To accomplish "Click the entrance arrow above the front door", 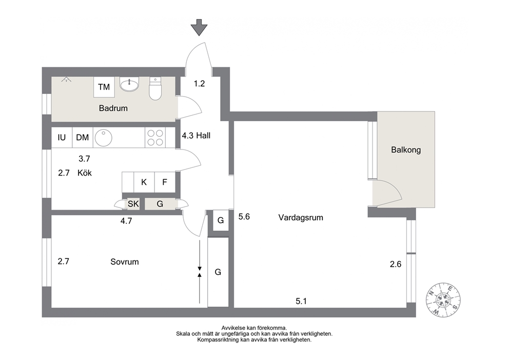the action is (x=199, y=27).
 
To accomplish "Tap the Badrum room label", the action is (x=113, y=108).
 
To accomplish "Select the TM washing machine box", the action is (x=104, y=87).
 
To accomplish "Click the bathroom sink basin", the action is (x=129, y=84).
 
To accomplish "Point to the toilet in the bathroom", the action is (x=155, y=88).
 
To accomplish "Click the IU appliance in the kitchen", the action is (x=62, y=138).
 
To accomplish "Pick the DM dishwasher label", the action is (x=83, y=138).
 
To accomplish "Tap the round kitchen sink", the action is (x=103, y=138).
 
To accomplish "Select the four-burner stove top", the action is (x=155, y=138).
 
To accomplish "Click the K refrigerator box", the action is (x=144, y=182).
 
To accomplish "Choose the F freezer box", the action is (x=165, y=182).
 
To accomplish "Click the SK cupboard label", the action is (x=133, y=204).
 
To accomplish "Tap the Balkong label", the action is (x=406, y=150).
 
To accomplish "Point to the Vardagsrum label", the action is (x=301, y=218).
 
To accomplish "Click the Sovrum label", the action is (x=125, y=262).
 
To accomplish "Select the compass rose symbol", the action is (x=443, y=299).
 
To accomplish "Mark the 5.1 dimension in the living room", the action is (x=301, y=301).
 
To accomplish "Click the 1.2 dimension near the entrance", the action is (x=199, y=84).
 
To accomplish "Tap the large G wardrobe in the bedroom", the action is (x=218, y=272).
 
